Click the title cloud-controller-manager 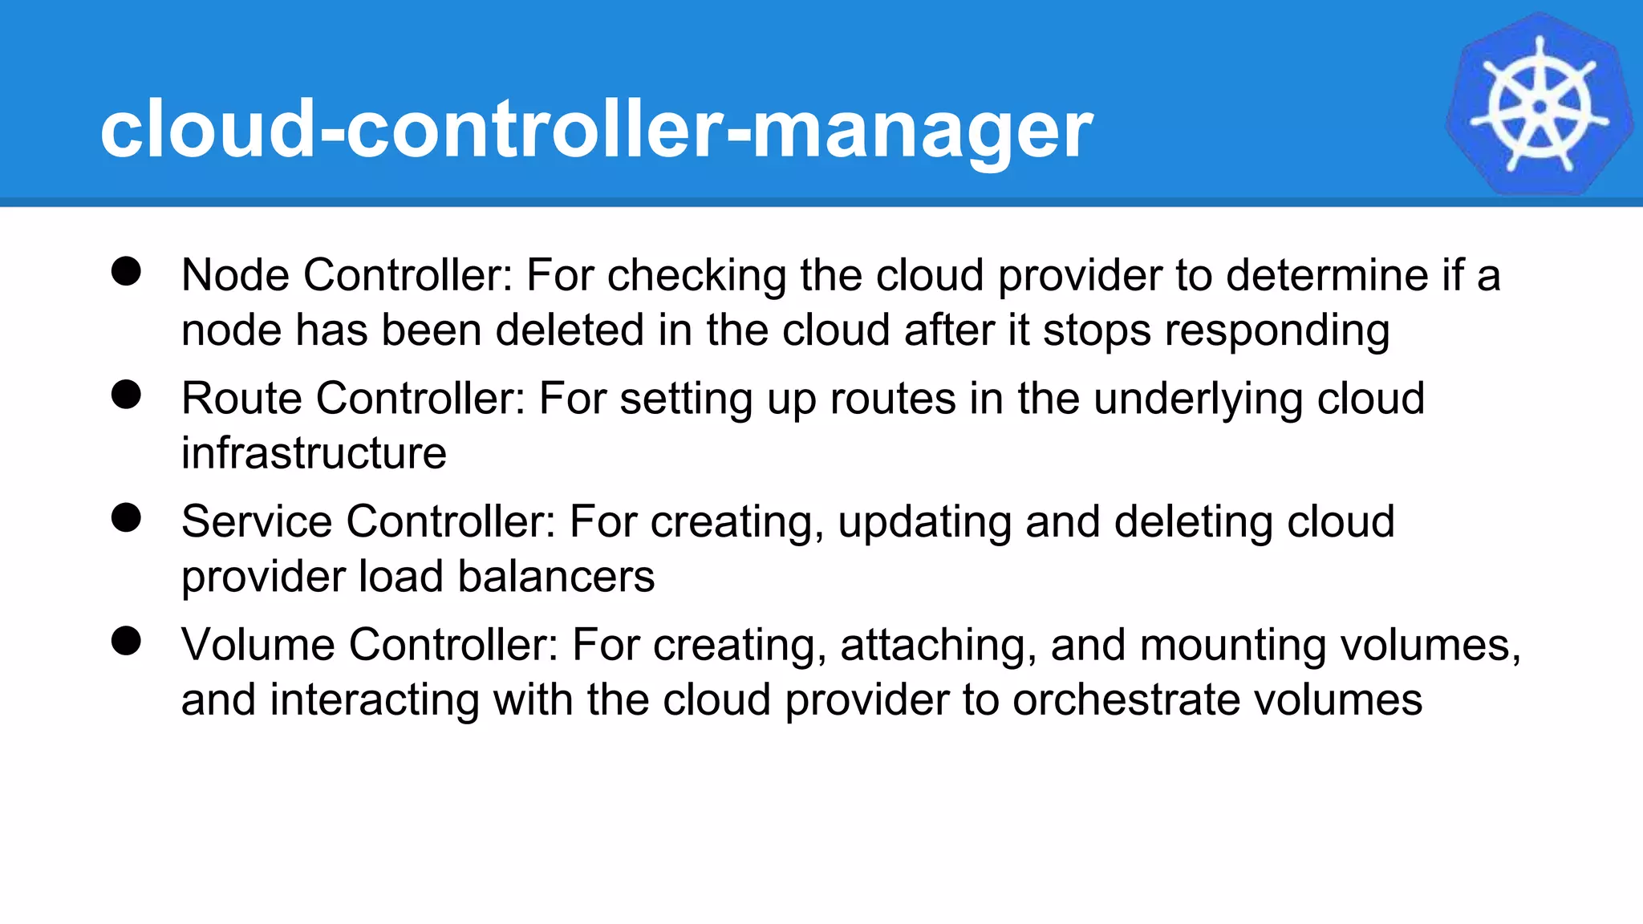pos(596,128)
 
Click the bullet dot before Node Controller pos(127,271)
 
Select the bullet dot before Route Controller pos(127,395)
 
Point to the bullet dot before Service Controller pos(127,517)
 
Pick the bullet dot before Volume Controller pos(127,641)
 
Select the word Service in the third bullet pos(257,521)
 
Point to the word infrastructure pos(314,453)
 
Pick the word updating pos(924,523)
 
